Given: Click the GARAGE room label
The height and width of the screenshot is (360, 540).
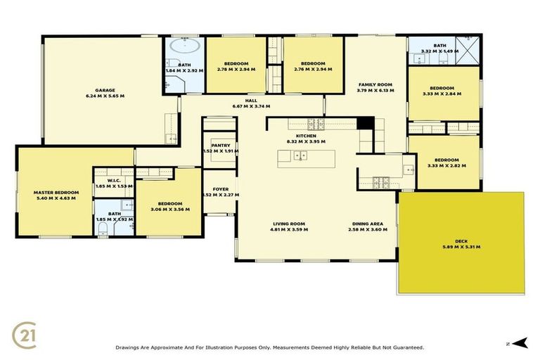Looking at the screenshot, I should click(x=105, y=90).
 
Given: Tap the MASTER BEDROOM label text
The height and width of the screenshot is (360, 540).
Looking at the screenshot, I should click(x=56, y=192).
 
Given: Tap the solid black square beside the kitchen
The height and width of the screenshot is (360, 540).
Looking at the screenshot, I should click(x=364, y=123).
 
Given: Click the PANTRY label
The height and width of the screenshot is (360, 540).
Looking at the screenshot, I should click(x=221, y=145).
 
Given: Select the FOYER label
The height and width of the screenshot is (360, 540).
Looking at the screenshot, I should click(x=221, y=188).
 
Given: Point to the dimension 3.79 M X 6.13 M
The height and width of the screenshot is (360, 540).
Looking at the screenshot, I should click(x=375, y=90).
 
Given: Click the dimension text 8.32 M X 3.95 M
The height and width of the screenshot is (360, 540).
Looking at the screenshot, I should click(x=306, y=141).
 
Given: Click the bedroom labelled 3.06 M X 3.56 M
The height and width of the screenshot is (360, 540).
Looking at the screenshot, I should click(x=170, y=209).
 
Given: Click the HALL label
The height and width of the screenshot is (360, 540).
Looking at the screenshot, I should click(x=251, y=101).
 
